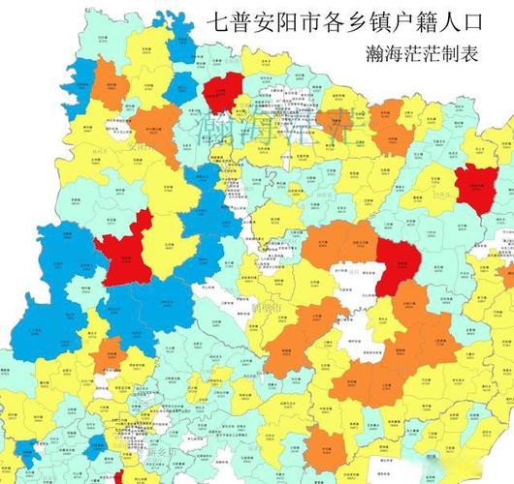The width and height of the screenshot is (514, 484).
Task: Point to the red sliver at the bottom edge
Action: click(118, 478)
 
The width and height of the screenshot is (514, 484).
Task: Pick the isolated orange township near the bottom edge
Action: click(327, 447)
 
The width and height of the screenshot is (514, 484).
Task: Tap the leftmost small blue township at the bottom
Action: click(94, 447)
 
